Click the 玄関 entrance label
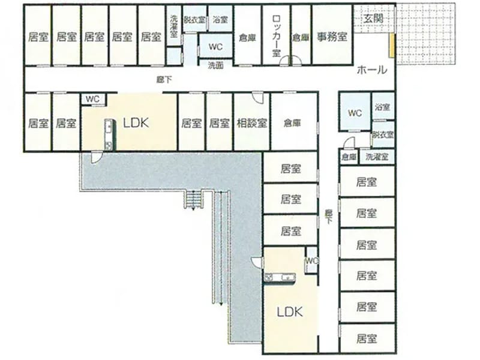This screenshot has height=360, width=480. point(373,19)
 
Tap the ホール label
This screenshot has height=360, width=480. point(372,70)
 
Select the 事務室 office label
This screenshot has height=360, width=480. point(332,37)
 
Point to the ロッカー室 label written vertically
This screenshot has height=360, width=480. point(277,36)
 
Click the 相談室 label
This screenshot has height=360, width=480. point(252,124)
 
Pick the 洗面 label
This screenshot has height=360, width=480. point(215,65)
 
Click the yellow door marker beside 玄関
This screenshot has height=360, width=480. point(391,46)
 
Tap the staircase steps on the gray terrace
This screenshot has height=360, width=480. point(193,199)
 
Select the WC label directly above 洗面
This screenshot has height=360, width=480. point(215,47)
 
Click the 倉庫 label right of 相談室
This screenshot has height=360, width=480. point(292,123)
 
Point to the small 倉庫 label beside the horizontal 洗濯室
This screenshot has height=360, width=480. point(349,157)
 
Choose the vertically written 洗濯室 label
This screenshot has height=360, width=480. point(173,26)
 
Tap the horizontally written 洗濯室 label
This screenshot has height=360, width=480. point(377,157)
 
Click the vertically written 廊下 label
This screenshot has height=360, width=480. point(328,217)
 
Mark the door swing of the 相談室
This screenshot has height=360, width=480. point(257,98)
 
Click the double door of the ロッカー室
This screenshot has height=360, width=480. point(291,61)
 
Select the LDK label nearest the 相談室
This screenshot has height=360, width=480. point(136,123)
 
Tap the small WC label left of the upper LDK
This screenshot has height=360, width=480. point(92,99)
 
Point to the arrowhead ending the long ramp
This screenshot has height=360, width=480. point(221,304)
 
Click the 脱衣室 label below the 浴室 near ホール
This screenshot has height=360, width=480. point(383,134)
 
